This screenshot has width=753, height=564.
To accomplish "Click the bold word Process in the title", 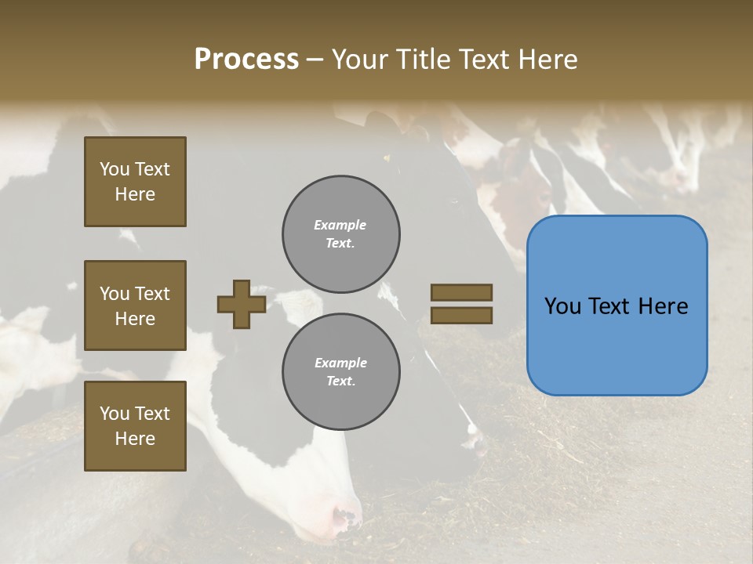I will point(246,60).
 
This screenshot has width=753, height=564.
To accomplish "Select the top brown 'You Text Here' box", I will point(135,182).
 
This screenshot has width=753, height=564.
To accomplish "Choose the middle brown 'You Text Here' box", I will point(135,305).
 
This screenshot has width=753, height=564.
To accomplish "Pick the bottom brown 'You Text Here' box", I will point(135,426).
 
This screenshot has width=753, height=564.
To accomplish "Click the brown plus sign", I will point(242,304).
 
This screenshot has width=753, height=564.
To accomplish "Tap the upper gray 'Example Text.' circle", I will point(341,234).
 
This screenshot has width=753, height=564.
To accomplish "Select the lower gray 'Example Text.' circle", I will point(341,372).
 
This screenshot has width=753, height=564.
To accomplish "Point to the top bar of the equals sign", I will point(461,293).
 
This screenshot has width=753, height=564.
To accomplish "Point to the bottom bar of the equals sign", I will point(461,315).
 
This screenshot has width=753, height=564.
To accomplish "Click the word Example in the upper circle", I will point(340,225).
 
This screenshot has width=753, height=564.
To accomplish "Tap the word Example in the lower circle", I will point(340,363).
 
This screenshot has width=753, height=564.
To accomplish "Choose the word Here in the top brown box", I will point(135,194).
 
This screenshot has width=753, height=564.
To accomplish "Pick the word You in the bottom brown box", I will point(115,414).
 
